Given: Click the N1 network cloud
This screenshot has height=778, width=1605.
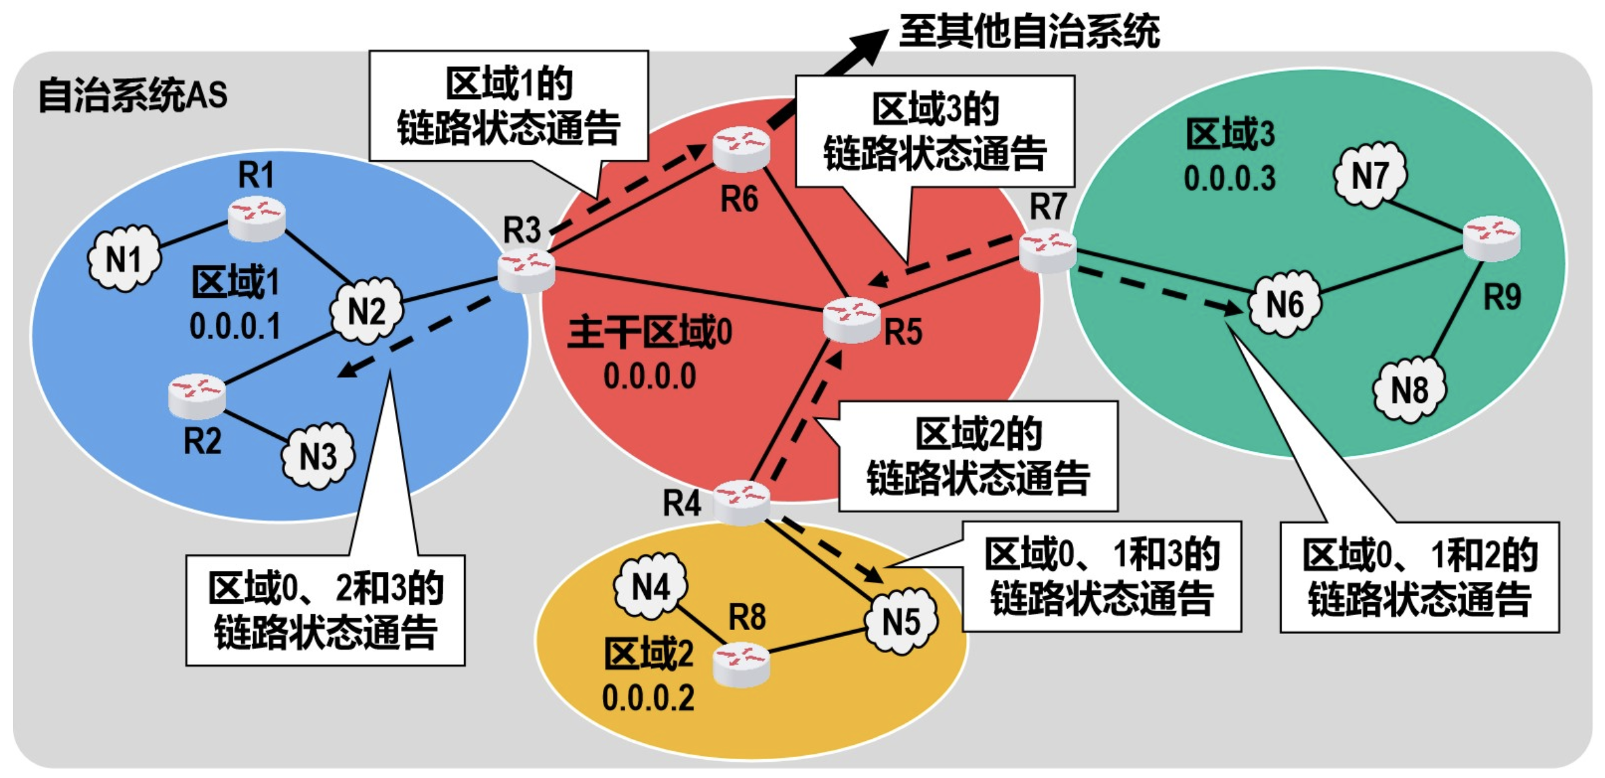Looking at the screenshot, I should click(124, 259).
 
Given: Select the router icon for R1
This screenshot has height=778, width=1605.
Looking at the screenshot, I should click(256, 219).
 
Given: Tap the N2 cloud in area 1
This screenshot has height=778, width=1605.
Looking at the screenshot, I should click(366, 310).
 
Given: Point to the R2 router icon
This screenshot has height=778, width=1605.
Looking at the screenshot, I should click(197, 396).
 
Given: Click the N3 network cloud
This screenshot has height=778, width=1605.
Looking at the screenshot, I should click(317, 455).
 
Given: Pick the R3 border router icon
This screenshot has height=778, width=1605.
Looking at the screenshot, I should click(526, 270).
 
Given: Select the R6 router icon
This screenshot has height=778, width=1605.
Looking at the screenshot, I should click(741, 149).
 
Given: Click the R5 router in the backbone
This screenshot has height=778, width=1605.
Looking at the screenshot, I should click(851, 320).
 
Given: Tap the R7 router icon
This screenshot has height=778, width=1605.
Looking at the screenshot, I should click(1047, 250).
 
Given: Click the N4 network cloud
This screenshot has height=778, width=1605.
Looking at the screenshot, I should click(650, 586).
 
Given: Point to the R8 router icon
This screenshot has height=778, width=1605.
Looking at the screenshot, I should click(741, 664).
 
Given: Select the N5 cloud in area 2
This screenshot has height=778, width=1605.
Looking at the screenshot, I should click(901, 621).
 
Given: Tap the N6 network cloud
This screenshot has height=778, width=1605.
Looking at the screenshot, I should click(1284, 304).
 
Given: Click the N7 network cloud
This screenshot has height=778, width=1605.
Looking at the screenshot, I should click(1370, 175).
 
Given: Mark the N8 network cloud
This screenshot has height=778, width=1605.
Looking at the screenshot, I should click(1409, 390).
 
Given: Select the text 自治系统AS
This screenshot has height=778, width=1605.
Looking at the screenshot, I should click(133, 95).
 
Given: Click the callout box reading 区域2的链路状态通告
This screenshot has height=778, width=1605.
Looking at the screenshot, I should click(978, 456).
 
